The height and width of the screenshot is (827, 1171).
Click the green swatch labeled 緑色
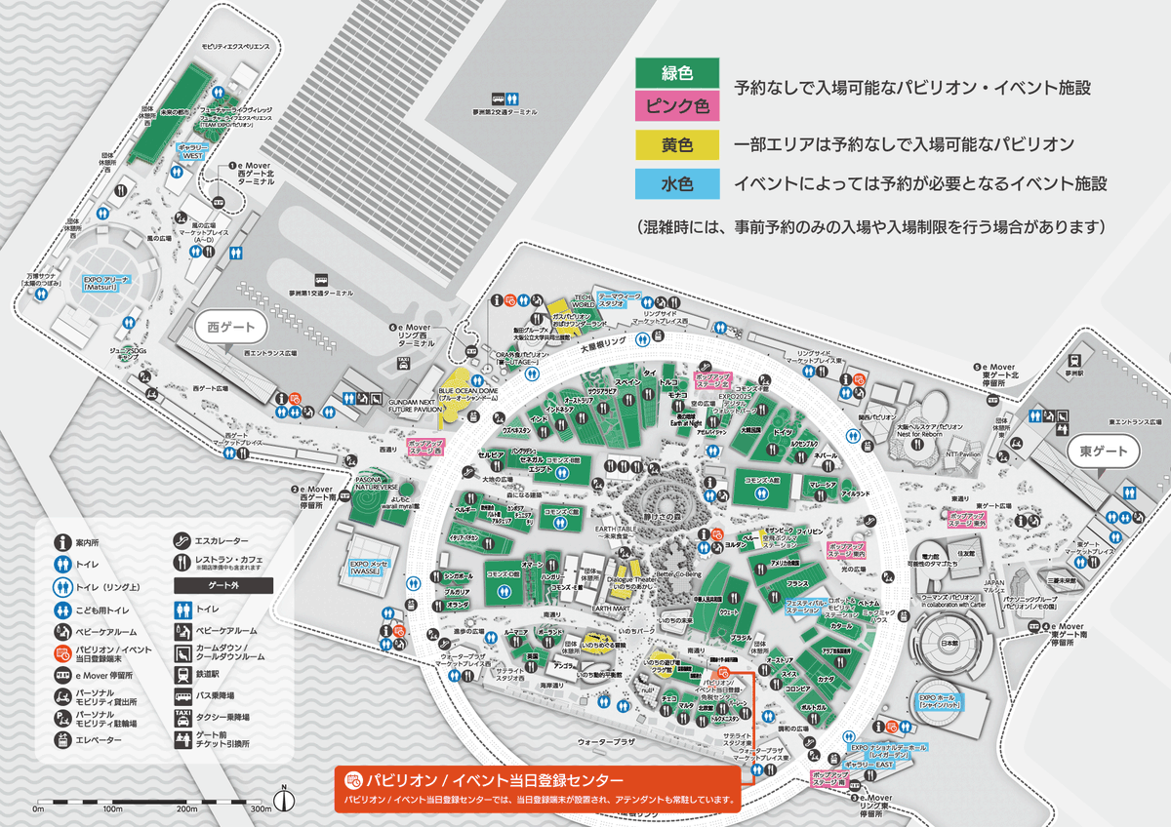676,72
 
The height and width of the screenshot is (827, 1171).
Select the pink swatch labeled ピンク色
676,104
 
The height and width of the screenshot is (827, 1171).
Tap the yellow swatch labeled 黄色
676,145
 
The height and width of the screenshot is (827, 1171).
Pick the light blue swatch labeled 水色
676,182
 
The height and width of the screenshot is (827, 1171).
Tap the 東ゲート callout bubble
1102,452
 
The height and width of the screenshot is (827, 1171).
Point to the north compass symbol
284,800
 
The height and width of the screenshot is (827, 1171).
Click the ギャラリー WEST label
192,152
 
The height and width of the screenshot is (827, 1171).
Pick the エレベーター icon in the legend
62,740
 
